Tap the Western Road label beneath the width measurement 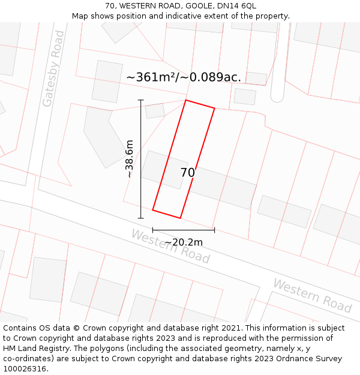tap(170, 247)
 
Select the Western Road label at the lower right tap(312, 295)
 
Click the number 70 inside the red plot tap(187, 173)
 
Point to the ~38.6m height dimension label tap(129, 160)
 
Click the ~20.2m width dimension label tap(184, 242)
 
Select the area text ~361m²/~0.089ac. tap(184, 77)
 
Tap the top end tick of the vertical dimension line tap(141, 100)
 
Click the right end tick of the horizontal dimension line tap(214, 230)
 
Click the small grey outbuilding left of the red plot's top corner tap(155, 111)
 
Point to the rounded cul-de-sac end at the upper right tap(277, 96)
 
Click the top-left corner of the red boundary tap(186, 100)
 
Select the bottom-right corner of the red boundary tap(180, 218)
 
